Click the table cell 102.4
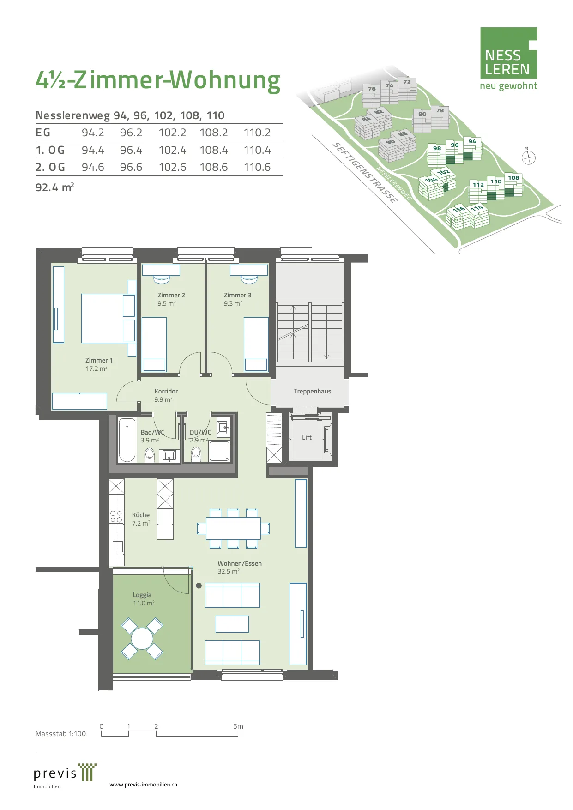pos(172,150)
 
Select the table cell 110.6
pos(257,167)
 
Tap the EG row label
pos(43,133)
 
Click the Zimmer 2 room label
pos(171,295)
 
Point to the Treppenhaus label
pos(312,391)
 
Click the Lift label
pos(307,437)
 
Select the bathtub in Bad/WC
pos(127,440)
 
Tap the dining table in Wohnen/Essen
pos(233,528)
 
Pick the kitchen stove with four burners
pos(116,516)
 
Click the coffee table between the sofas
pos(232,624)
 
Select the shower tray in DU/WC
pos(220,451)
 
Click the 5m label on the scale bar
pos(238,726)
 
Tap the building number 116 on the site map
pos(458,209)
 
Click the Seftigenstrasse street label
pos(365,173)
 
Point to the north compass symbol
pos(528,157)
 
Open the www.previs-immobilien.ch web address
pos(143,784)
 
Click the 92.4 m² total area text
pos(54,187)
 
